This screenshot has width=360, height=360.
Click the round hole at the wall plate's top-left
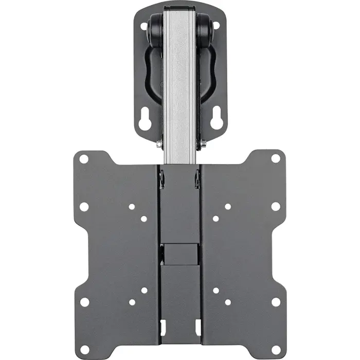point(143,24)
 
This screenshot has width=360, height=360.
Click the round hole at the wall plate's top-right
point(216,24)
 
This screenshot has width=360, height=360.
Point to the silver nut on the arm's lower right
point(204,144)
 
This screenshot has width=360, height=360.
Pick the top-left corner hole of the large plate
point(84,159)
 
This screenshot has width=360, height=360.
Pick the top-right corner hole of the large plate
point(276,158)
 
